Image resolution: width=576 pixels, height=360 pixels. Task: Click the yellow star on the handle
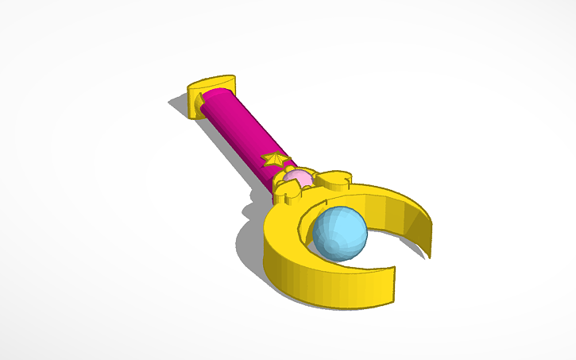[275, 160]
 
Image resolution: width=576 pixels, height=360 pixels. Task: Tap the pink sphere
[299, 179]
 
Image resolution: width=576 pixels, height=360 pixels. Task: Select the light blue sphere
[339, 233]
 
